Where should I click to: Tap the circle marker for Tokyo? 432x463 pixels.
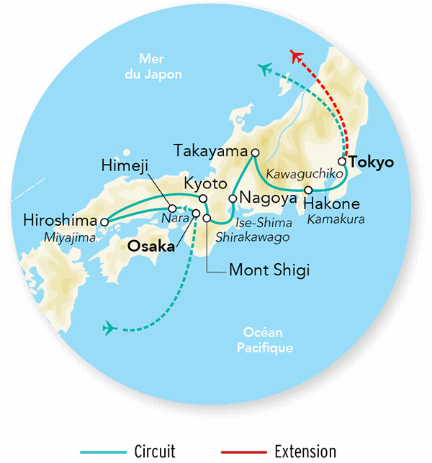coord(343,162)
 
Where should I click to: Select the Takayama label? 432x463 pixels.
coord(212,150)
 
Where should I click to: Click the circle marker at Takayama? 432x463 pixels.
coord(254,152)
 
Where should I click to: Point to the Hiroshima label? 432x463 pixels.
coord(60,219)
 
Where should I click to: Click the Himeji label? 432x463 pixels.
coord(126,167)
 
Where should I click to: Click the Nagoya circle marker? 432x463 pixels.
coord(233,198)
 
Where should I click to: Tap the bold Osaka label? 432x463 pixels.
coord(151,246)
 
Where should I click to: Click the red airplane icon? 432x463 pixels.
coord(296,57)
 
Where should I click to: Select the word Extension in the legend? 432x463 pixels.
coord(305,451)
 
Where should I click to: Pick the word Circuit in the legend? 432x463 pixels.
coord(155,451)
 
